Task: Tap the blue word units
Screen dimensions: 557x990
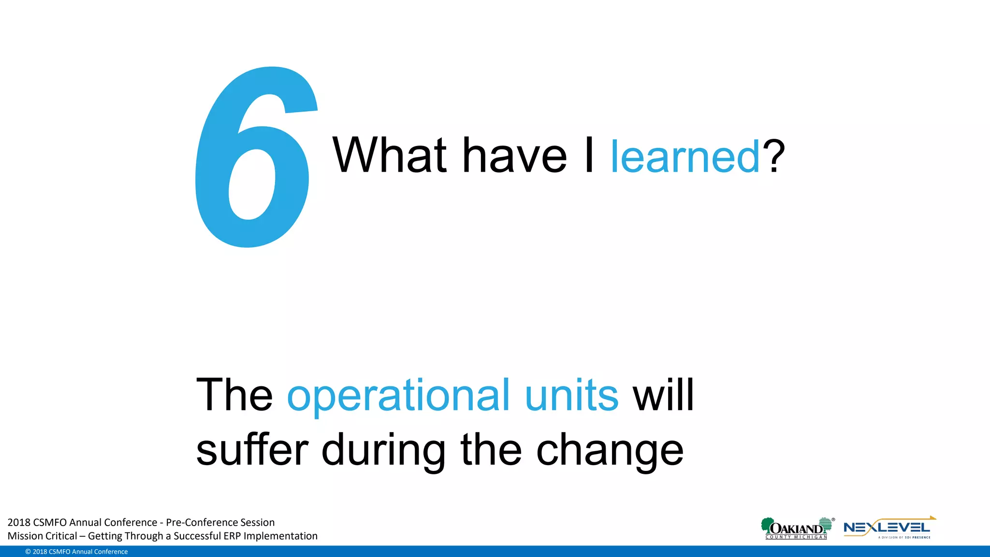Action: click(x=571, y=396)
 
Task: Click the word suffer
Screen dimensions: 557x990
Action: click(x=252, y=450)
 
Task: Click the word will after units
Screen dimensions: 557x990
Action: click(x=663, y=396)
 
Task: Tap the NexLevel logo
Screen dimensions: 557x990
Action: click(x=888, y=528)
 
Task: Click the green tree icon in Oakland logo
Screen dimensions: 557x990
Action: click(x=767, y=525)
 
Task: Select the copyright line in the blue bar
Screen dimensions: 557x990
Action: click(x=76, y=552)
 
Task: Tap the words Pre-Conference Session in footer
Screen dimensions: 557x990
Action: click(x=220, y=522)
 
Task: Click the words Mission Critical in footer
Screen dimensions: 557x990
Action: click(x=42, y=536)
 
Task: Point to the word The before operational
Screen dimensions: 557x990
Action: click(x=234, y=396)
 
